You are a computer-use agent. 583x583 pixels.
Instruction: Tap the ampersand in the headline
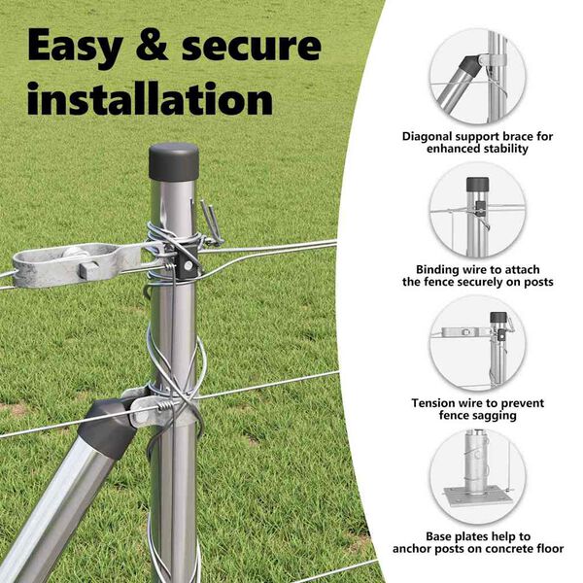(152, 45)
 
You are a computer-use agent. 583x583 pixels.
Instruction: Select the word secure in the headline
(252, 47)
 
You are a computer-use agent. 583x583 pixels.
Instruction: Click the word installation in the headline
(151, 99)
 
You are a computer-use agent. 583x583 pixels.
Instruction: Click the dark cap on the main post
(174, 161)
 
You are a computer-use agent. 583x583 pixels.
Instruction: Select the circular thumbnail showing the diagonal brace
(477, 77)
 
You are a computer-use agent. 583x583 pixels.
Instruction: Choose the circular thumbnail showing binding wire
(477, 210)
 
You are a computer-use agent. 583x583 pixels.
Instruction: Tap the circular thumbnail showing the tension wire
(477, 344)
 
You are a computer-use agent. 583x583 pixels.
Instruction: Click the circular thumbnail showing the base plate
(477, 477)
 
